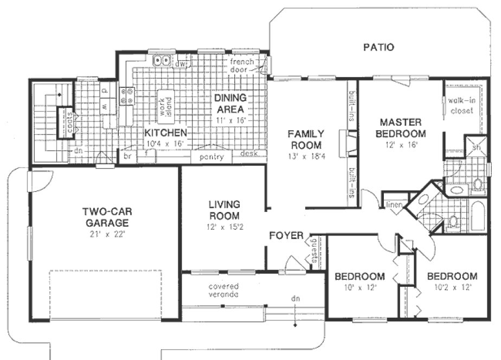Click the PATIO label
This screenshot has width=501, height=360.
click(x=378, y=47)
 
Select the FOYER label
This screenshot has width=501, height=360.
click(x=286, y=236)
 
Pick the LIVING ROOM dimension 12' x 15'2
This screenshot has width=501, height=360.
click(x=224, y=227)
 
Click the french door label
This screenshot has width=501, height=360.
click(x=242, y=66)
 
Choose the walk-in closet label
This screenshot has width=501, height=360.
click(x=460, y=106)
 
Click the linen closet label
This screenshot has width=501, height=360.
click(x=393, y=204)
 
